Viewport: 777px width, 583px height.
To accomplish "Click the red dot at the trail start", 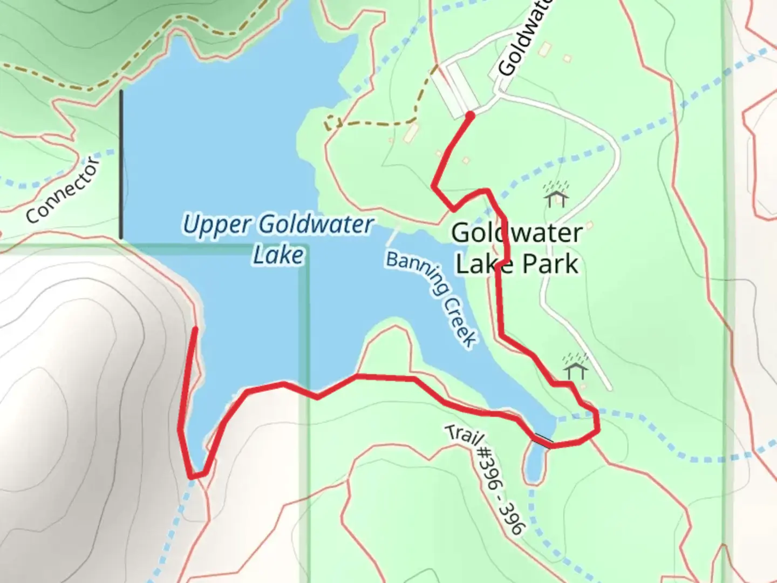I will pos(470,116).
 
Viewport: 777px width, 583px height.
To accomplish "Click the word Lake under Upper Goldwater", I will pos(278,255).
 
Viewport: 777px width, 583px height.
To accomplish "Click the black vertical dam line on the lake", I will pos(121,165).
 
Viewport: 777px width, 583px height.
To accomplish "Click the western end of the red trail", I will pos(195,328).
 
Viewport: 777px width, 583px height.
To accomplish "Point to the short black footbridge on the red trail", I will pos(543,440).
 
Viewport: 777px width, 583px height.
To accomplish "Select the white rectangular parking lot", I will pos(456,90).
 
